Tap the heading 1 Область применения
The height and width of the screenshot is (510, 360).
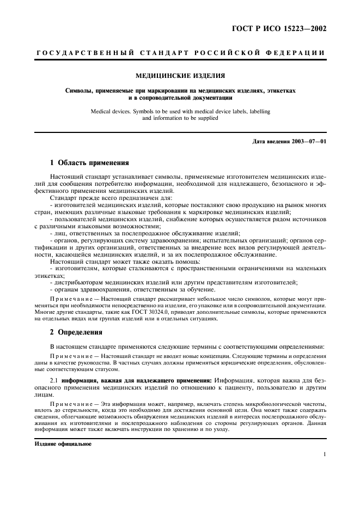pos(89,162)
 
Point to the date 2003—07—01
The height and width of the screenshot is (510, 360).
pos(306,142)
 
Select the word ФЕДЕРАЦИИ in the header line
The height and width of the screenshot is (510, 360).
pos(296,53)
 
